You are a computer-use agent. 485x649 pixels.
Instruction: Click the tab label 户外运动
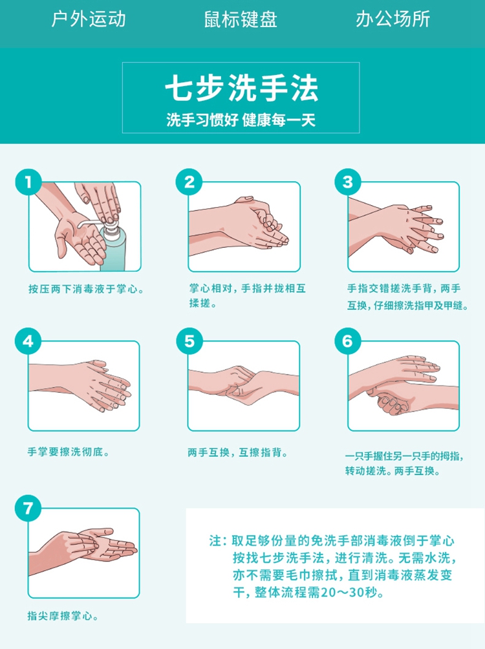(x=88, y=19)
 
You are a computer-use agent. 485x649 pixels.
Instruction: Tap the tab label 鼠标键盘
(x=241, y=19)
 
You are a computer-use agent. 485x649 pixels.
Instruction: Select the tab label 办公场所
(x=393, y=19)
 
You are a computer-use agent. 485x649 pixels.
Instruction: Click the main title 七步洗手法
(x=242, y=88)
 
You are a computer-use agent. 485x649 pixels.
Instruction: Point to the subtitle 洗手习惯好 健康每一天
(x=241, y=120)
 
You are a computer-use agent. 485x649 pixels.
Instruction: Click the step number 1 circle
(x=28, y=182)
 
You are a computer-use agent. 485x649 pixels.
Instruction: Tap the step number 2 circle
(x=189, y=182)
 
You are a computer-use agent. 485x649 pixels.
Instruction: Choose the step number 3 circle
(x=348, y=182)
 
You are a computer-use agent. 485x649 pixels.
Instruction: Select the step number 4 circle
(x=28, y=342)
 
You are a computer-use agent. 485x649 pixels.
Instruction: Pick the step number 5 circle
(x=189, y=342)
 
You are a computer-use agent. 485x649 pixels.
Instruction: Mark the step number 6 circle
(x=348, y=342)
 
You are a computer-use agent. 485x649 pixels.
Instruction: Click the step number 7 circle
(x=28, y=509)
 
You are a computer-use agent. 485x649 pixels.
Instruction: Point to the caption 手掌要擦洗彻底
(x=69, y=452)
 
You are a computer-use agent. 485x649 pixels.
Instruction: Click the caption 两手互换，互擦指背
(x=238, y=452)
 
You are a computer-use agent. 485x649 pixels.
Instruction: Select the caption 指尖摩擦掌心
(x=63, y=616)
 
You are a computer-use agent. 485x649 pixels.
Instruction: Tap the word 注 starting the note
(x=215, y=540)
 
